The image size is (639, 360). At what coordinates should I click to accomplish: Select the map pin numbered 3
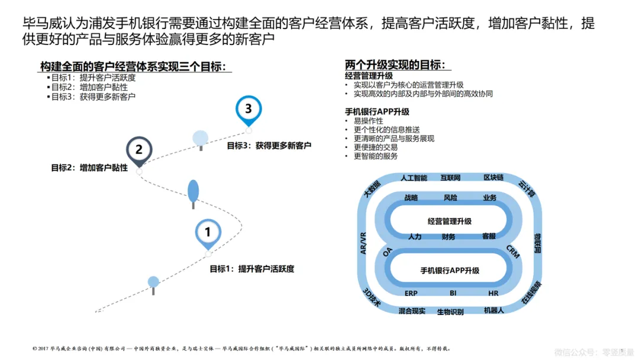pyautogui.click(x=248, y=109)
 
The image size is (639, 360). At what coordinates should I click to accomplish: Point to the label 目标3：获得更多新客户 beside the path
pyautogui.click(x=269, y=145)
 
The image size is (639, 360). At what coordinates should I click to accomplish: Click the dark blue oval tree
pyautogui.click(x=193, y=191)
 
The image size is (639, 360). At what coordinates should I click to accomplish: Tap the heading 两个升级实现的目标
pyautogui.click(x=395, y=65)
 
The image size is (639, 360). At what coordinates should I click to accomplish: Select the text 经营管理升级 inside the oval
pyautogui.click(x=450, y=221)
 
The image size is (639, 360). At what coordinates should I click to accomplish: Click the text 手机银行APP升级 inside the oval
pyautogui.click(x=450, y=271)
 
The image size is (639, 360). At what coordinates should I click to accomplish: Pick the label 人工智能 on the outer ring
pyautogui.click(x=414, y=178)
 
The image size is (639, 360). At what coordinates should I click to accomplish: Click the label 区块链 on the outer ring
pyautogui.click(x=493, y=178)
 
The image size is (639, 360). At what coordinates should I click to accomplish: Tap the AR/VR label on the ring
pyautogui.click(x=364, y=243)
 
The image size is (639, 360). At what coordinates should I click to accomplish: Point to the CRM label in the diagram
pyautogui.click(x=512, y=252)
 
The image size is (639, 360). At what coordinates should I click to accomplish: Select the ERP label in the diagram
pyautogui.click(x=411, y=293)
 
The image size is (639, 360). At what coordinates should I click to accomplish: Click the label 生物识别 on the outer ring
pyautogui.click(x=450, y=311)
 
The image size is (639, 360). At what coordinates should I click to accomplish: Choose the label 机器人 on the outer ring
pyautogui.click(x=493, y=310)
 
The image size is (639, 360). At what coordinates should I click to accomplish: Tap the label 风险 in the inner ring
pyautogui.click(x=450, y=197)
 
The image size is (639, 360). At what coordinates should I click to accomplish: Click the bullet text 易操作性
pyautogui.click(x=368, y=121)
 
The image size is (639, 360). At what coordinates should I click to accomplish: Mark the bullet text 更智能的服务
pyautogui.click(x=376, y=156)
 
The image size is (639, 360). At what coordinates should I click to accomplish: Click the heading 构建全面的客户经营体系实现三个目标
pyautogui.click(x=133, y=66)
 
